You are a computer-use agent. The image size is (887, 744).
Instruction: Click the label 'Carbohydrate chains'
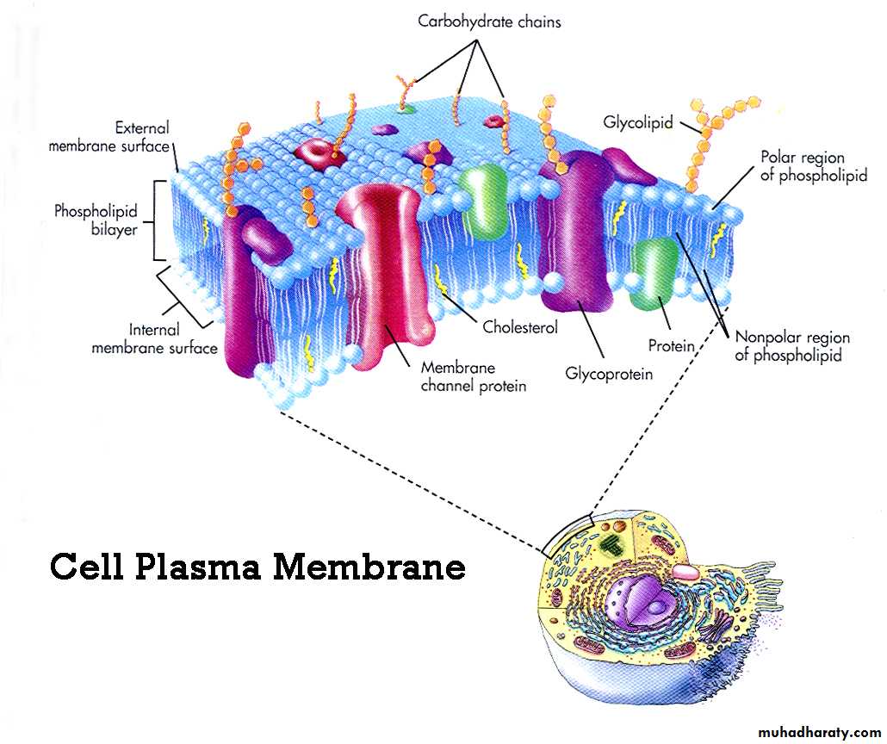(x=489, y=21)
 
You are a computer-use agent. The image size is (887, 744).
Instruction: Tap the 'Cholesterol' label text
(x=520, y=327)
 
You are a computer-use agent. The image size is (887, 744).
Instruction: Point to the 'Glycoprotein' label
(x=609, y=374)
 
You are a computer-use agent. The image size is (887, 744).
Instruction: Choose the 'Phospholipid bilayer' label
(x=96, y=220)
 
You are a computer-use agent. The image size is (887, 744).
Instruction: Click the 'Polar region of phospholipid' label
(x=813, y=167)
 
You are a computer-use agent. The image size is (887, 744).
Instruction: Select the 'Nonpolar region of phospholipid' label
(x=791, y=346)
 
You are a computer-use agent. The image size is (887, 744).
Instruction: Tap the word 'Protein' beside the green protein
(x=671, y=345)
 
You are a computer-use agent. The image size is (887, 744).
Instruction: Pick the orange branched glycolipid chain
(x=704, y=138)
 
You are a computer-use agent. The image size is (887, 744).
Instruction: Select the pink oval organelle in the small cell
(x=686, y=571)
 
